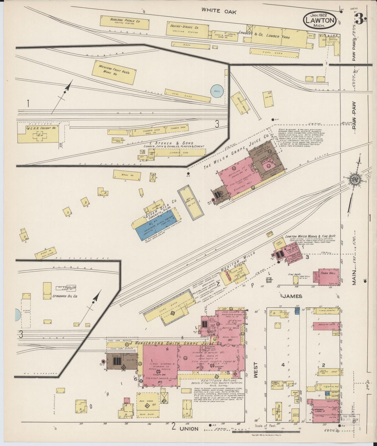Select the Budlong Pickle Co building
coord(125,22)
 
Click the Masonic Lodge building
coord(324,409)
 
